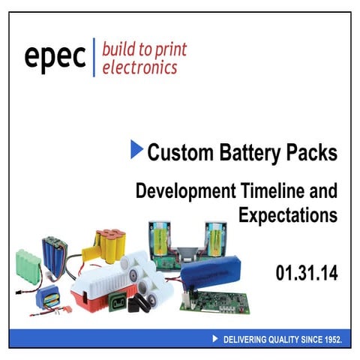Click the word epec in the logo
(x=55, y=58)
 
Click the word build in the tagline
(x=118, y=50)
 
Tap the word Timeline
(x=283, y=190)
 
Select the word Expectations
(x=288, y=216)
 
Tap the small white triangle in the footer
(x=216, y=339)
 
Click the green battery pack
(x=27, y=265)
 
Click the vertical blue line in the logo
(x=94, y=58)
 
